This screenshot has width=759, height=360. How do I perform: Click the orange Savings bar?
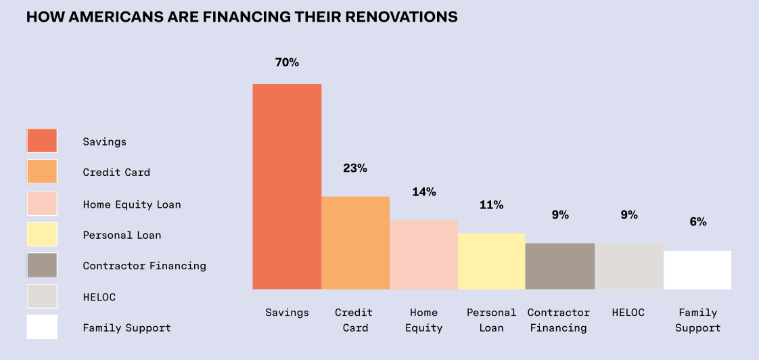coord(287,186)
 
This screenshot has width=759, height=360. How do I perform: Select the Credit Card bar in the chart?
coord(355,242)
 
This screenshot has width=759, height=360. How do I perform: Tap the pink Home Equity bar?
coord(423,254)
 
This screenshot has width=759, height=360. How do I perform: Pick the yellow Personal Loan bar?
coord(491,261)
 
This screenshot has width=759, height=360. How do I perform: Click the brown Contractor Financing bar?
coord(559,266)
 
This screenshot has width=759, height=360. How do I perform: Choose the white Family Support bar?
coord(697,270)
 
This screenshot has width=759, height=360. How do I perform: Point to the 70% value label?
coord(287,62)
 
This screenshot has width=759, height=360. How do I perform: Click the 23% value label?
coord(355,168)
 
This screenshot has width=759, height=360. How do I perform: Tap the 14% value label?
coord(424,192)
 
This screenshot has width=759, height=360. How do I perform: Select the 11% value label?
coord(492,204)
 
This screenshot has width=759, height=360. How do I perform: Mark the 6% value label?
coord(698,221)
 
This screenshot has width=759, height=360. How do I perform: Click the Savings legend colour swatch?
coord(42,141)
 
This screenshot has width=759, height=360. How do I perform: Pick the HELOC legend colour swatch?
coord(42,296)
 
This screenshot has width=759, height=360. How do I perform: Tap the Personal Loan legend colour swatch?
coord(42,234)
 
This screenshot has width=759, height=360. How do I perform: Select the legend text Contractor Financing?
coord(144,266)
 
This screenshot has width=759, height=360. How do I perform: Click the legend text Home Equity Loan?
coord(132,204)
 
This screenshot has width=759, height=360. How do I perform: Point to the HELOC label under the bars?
coord(628,313)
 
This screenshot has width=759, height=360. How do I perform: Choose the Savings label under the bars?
coord(287,313)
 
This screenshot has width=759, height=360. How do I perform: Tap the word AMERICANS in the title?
coord(105,17)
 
